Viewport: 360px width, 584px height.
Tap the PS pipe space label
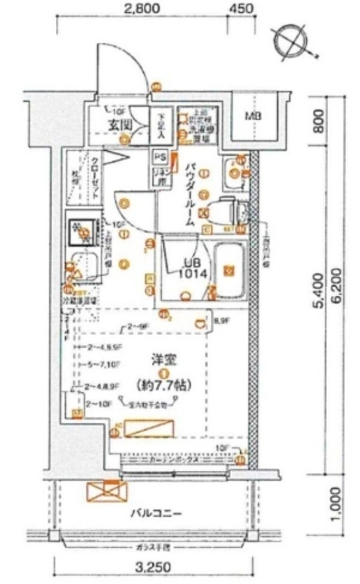tap(159, 157)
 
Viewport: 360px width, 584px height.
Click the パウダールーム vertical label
tap(190, 189)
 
